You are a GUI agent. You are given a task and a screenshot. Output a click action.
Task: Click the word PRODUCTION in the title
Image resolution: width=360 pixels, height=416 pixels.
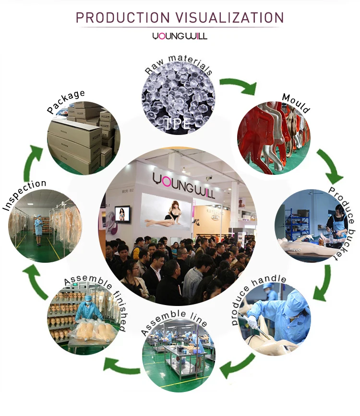pos(122,18)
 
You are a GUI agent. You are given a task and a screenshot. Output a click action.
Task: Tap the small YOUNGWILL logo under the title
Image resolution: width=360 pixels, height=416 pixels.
pos(180,36)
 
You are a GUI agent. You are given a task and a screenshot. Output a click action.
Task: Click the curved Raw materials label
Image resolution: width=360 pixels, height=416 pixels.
pos(178,68)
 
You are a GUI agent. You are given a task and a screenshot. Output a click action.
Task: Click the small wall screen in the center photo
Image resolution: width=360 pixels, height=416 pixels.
pos(124,214)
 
